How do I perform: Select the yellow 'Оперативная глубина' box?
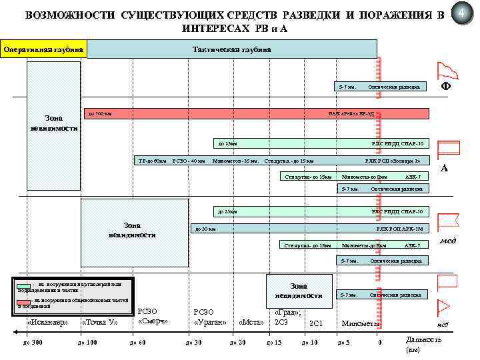click(x=44, y=49)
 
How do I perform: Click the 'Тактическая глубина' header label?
click(x=231, y=49)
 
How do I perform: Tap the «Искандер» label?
click(x=47, y=323)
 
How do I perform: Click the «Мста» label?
click(x=251, y=323)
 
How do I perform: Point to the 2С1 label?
click(x=316, y=323)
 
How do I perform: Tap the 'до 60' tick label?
click(x=137, y=343)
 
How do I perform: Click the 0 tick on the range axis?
click(x=379, y=343)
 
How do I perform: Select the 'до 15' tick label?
click(x=274, y=343)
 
